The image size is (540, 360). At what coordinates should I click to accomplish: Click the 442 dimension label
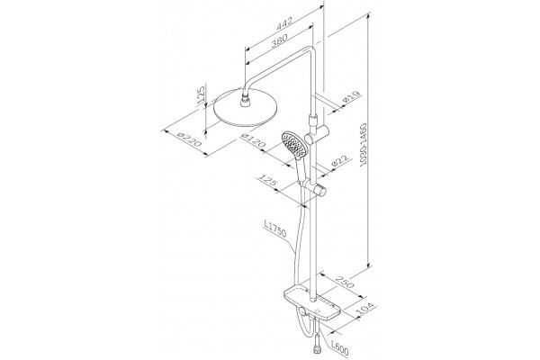284,22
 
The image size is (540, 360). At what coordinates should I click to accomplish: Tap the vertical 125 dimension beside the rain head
201,94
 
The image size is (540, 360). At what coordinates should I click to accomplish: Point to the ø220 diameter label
188,138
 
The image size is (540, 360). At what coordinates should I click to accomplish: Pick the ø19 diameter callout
351,98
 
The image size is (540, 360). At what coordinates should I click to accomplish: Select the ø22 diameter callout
339,161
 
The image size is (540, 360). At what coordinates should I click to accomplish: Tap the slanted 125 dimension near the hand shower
268,181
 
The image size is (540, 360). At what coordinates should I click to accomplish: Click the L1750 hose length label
274,229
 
